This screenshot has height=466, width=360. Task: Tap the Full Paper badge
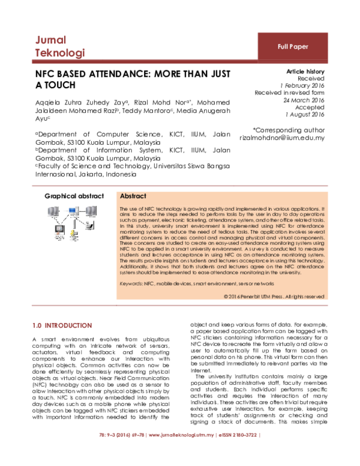292,46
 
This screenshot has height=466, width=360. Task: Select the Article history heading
305,71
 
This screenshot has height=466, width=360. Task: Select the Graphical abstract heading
74,196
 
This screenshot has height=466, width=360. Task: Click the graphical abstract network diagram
73,221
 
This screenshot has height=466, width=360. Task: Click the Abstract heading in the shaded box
134,196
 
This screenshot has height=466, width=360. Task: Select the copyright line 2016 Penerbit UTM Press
274,296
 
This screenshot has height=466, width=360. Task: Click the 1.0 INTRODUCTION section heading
62,325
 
